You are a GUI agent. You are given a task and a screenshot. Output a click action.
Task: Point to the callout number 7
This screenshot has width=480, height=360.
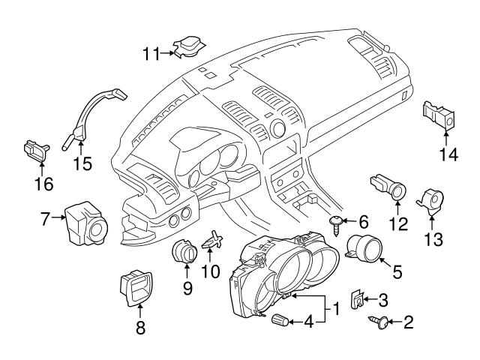[46, 218]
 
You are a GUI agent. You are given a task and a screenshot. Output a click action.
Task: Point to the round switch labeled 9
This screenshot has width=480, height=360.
[184, 253]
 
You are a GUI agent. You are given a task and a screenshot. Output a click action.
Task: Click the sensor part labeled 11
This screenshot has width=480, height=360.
[186, 46]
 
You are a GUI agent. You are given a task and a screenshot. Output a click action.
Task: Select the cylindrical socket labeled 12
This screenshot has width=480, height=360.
[390, 187]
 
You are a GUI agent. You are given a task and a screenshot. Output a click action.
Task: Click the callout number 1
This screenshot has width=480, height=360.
[337, 307]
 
